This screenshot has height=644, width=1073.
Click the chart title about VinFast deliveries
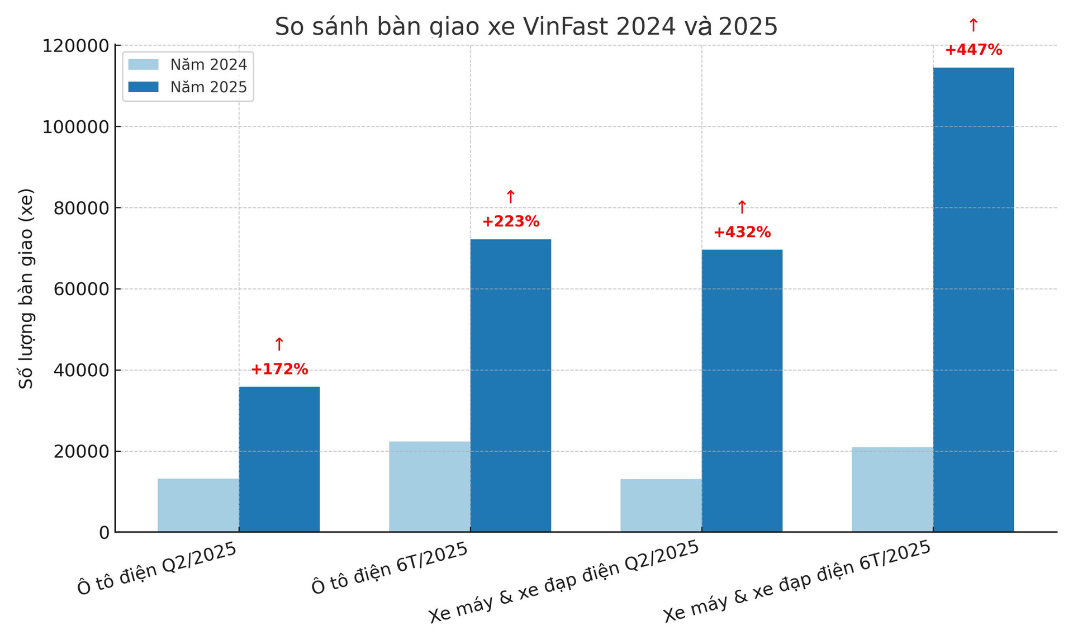tap(526, 26)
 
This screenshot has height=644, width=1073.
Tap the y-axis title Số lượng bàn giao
tap(26, 288)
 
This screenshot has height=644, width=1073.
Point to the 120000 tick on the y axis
tap(75, 46)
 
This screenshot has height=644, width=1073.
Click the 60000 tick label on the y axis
tap(81, 290)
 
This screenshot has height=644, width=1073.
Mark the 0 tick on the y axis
tap(105, 533)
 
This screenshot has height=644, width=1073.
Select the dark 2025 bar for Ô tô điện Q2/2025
tap(279, 459)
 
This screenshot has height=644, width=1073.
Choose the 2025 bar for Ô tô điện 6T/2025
tap(510, 386)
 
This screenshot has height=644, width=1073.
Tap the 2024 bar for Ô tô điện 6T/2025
tap(429, 486)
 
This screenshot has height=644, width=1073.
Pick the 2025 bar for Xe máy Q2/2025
tap(742, 391)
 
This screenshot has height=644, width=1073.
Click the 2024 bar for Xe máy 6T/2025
tap(892, 489)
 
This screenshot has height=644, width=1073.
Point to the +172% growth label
tap(279, 369)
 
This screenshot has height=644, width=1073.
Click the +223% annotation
tap(510, 221)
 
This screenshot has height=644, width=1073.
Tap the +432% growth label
tap(742, 232)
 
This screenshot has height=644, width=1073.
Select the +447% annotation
tap(973, 50)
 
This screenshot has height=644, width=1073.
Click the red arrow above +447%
tap(973, 25)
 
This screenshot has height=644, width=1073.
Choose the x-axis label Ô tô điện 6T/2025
tap(390, 568)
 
